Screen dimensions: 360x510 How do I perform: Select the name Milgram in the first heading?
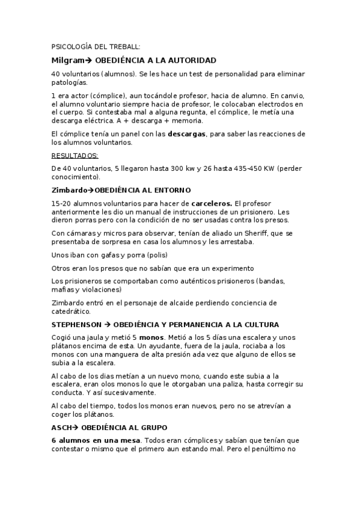click(67, 61)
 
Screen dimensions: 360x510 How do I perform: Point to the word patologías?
click(69, 82)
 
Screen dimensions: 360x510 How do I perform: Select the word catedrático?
click(72, 312)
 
